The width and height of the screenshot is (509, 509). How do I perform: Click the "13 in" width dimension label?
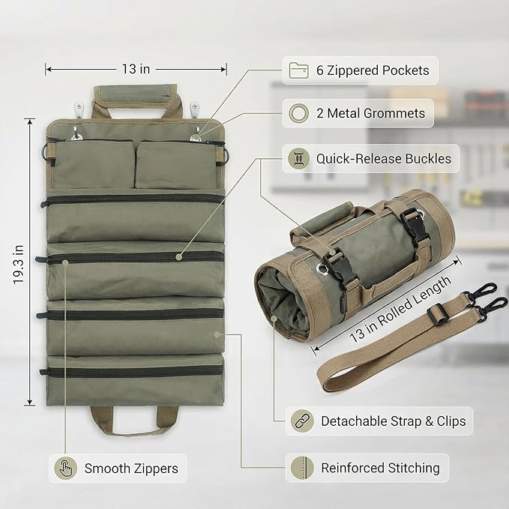click(x=136, y=69)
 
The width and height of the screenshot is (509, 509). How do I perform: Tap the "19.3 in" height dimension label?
click(x=19, y=265)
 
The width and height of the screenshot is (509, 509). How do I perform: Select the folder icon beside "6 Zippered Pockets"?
click(x=298, y=70)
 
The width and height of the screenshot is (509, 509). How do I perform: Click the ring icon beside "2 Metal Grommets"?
click(x=298, y=113)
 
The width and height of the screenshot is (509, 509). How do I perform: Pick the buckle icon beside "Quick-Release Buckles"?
click(x=298, y=158)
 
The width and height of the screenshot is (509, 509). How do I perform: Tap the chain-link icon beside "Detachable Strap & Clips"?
click(x=302, y=421)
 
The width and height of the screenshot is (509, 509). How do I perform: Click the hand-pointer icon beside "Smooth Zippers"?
click(x=65, y=468)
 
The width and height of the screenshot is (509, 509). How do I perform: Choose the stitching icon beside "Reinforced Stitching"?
click(x=302, y=468)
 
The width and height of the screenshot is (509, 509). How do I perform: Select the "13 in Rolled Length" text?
click(x=401, y=308)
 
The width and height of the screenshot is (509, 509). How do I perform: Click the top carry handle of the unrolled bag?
click(x=136, y=100)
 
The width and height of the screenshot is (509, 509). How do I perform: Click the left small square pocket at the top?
click(x=93, y=164)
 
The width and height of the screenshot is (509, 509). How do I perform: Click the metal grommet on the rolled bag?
click(x=322, y=268)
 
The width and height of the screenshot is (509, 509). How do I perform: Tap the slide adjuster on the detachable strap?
click(x=438, y=314)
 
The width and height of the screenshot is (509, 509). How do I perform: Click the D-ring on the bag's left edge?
click(x=44, y=152)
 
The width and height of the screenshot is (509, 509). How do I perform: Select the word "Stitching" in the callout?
click(x=414, y=468)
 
